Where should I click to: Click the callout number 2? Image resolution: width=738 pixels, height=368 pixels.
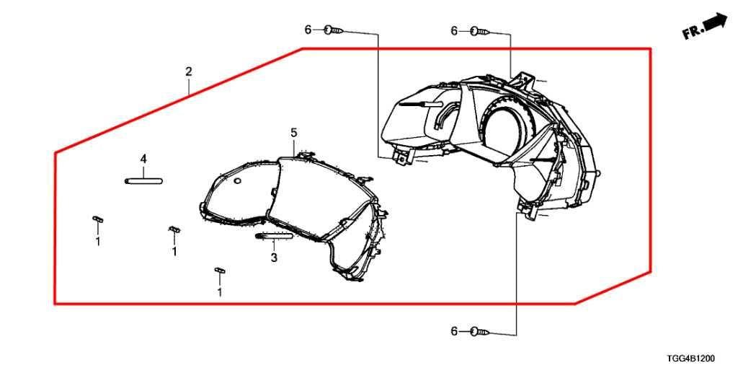tap(188, 72)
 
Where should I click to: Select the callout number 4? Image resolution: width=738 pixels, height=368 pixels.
tap(143, 159)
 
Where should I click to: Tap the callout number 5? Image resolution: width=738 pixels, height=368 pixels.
tap(294, 133)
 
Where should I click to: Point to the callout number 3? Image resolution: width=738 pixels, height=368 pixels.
tap(274, 258)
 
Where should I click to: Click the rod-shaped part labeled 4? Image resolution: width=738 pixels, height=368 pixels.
tap(143, 180)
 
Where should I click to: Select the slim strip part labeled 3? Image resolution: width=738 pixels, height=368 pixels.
tap(274, 236)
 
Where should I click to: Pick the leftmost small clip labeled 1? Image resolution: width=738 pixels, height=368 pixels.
tap(97, 218)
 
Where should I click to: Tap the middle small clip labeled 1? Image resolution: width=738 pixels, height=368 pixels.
tap(174, 229)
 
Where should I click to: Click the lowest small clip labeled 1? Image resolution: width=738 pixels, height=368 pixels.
tap(220, 270)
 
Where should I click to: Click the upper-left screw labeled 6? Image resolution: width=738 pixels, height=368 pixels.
tap(334, 30)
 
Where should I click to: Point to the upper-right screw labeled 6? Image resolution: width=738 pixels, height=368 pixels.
tap(481, 31)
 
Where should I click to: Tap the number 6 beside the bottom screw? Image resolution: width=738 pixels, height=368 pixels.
tap(454, 332)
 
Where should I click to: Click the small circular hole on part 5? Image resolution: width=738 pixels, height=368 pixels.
tap(237, 180)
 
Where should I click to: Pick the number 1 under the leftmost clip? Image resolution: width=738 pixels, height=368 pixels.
tap(98, 242)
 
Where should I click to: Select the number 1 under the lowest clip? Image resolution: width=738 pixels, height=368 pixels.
tap(219, 293)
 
